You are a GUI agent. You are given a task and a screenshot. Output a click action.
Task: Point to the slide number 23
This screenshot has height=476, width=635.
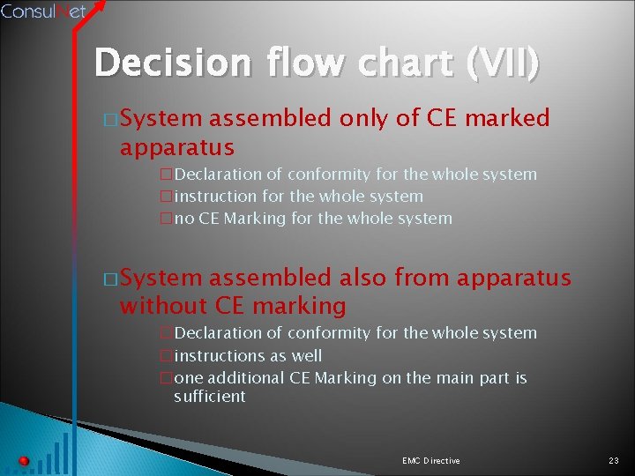pos(614,461)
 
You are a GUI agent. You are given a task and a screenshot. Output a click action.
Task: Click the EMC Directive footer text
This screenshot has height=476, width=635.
pos(430,461)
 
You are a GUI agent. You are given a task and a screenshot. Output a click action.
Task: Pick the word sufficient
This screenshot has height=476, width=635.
pos(210,397)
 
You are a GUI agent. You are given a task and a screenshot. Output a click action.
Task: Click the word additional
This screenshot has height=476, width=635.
pos(243,378)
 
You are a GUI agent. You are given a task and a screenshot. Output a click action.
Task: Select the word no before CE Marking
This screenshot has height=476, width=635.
pos(183,219)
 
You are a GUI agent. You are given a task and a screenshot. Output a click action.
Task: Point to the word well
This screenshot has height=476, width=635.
pos(306,356)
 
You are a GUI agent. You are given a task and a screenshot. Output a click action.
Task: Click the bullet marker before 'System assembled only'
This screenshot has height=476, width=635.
pos(109,119)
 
